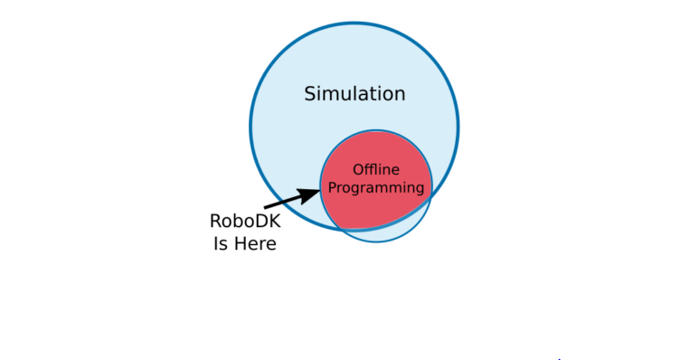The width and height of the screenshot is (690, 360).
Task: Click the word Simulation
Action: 354,94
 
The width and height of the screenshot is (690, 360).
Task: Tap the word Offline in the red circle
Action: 375,169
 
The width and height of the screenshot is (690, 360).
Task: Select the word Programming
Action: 375,188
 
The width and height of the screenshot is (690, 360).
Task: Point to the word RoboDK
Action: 245,221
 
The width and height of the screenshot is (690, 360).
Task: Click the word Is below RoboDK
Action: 221,243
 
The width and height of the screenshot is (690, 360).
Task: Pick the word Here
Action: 255,243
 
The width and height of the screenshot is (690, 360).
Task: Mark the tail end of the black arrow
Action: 266,207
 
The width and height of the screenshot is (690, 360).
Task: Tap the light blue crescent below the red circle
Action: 380,234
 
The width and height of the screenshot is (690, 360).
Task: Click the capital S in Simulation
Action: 310,94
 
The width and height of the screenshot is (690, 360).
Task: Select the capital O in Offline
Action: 357,169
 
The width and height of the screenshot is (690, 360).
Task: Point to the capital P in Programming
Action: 331,188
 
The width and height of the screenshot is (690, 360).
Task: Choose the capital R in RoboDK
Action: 215,221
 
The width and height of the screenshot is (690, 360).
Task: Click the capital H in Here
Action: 240,243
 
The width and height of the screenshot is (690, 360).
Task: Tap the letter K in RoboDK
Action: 275,221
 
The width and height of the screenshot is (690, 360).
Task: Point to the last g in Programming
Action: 419,190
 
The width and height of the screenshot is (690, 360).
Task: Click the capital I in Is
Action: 216,243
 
